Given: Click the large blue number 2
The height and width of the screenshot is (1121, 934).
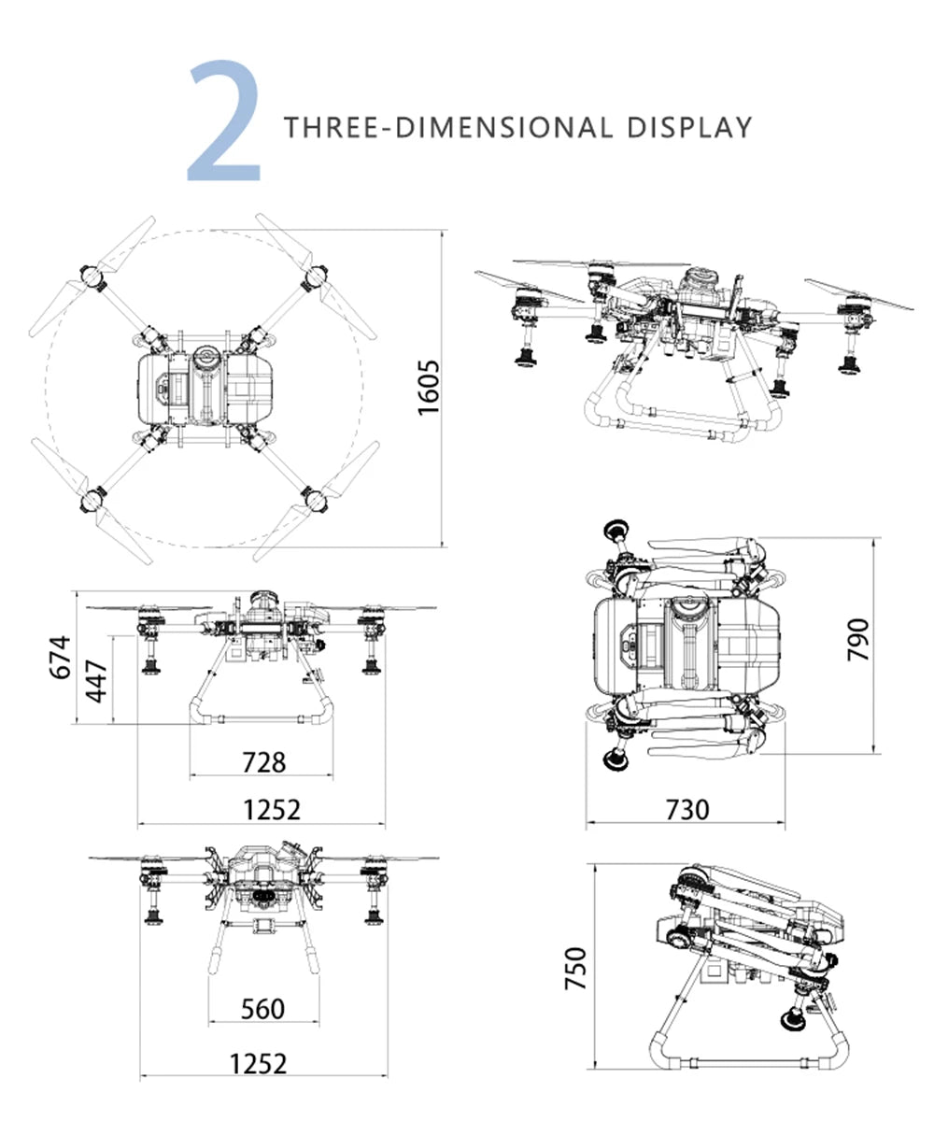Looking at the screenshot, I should coord(225,121).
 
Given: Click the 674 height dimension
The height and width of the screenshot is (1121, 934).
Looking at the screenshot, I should coord(59,657).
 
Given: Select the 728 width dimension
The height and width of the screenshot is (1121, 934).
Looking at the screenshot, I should coord(263,762).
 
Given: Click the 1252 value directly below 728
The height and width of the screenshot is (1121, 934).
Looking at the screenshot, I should coord(272,810).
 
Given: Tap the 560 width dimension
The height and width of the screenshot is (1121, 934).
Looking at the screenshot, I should coord(262,1009).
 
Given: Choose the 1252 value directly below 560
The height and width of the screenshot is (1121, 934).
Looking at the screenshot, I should coord(259,1063).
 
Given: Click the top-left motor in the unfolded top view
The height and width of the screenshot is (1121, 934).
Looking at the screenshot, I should coord(91,276).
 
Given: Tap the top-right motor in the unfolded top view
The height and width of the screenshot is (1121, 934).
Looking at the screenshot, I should coord(315,276).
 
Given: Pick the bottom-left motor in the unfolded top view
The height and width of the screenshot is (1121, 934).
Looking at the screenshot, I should coord(91,497).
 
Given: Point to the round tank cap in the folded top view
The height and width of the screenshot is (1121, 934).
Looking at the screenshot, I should coord(689,609).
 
